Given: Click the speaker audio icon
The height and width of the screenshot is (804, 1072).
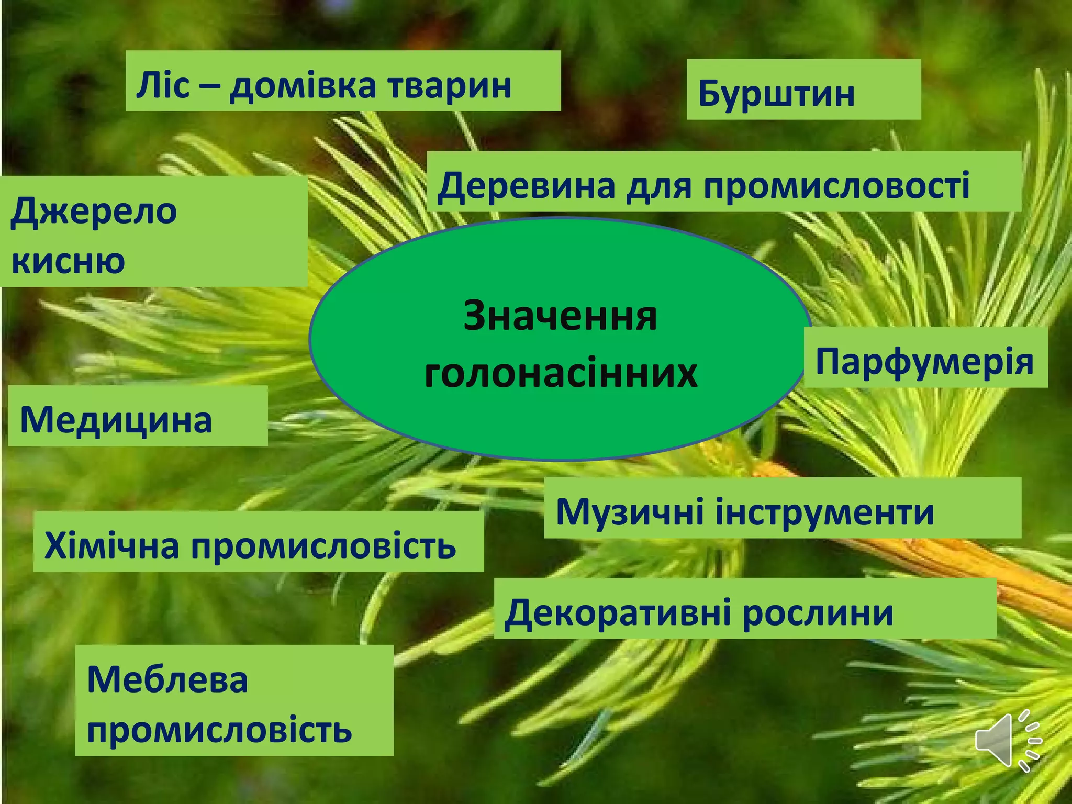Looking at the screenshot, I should tap(1007, 740).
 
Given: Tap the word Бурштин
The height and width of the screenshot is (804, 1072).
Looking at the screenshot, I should tap(776, 93).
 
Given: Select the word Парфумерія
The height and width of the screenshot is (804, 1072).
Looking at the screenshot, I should tap(924, 361).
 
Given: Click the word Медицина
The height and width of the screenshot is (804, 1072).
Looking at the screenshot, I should tap(116, 420).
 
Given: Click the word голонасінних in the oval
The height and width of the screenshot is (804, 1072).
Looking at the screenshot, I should tap(561, 373).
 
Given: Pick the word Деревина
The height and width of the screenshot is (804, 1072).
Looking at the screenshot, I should tap(526, 186).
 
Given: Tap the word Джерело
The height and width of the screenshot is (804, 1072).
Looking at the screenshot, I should tap(94, 211).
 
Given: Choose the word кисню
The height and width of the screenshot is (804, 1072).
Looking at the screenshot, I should tap(69, 260).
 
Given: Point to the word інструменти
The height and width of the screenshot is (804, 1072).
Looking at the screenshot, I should tap(824, 511).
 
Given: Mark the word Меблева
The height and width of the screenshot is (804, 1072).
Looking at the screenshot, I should tap(167, 679).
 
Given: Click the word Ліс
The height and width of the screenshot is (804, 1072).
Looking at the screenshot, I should tap(162, 85).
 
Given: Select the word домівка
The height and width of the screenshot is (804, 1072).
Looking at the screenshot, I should tap(303, 86).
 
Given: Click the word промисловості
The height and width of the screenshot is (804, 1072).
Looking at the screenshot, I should tap(836, 186).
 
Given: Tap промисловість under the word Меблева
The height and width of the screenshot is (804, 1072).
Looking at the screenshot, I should tap(219, 729).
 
